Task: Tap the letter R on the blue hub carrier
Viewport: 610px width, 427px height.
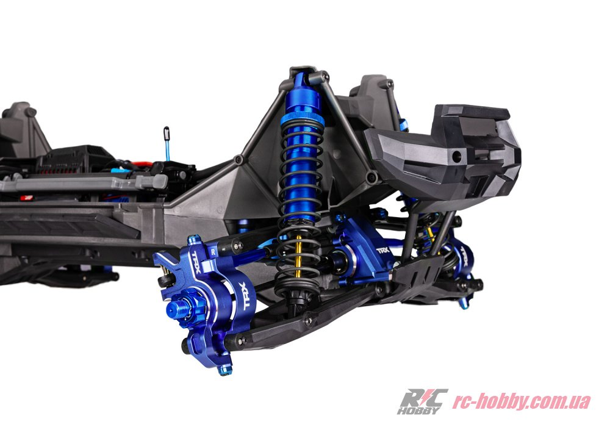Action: tap(213, 251)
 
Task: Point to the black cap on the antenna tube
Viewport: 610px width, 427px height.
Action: tap(167, 133)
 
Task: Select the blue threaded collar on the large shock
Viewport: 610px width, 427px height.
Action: tap(303, 117)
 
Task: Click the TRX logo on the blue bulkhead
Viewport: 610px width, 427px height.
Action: tap(383, 250)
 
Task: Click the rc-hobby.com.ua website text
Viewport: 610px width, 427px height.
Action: tap(522, 401)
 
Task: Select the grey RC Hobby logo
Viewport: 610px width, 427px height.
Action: tap(422, 401)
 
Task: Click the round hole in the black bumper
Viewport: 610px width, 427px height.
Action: tap(457, 157)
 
